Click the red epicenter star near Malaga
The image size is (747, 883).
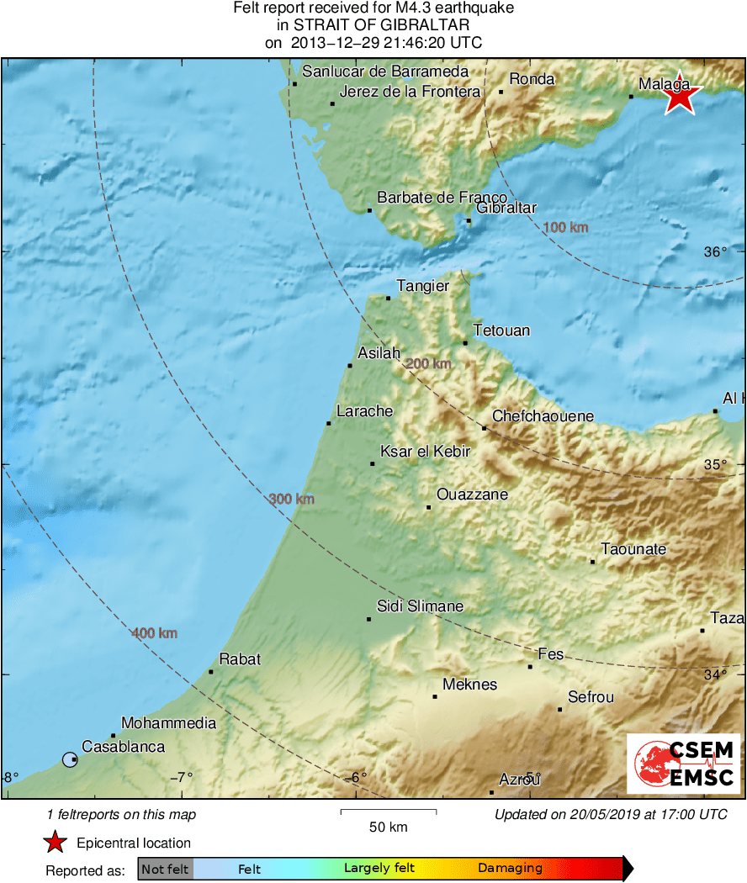coord(680,98)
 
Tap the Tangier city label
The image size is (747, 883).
coord(424,287)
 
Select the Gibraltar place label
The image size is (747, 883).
coord(506,208)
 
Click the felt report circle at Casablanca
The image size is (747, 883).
coord(70,760)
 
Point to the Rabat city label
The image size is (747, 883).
coord(240,659)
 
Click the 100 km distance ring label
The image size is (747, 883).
coord(565,227)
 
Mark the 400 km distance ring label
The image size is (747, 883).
coord(154,633)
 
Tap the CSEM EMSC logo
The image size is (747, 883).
coord(683,764)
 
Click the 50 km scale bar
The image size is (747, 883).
coord(388,812)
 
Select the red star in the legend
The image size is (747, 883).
coord(56,842)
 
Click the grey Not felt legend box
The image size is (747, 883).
coord(165,869)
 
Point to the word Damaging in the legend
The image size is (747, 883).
coord(510,869)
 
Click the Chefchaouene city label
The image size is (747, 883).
coord(543,416)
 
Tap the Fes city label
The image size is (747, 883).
coord(550,653)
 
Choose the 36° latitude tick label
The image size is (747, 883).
coord(714,252)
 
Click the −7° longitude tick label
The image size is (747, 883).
coord(183,777)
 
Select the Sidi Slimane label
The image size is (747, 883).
coord(420,606)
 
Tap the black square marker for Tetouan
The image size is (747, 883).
coord(465,342)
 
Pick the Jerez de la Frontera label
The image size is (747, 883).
coord(410,92)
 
